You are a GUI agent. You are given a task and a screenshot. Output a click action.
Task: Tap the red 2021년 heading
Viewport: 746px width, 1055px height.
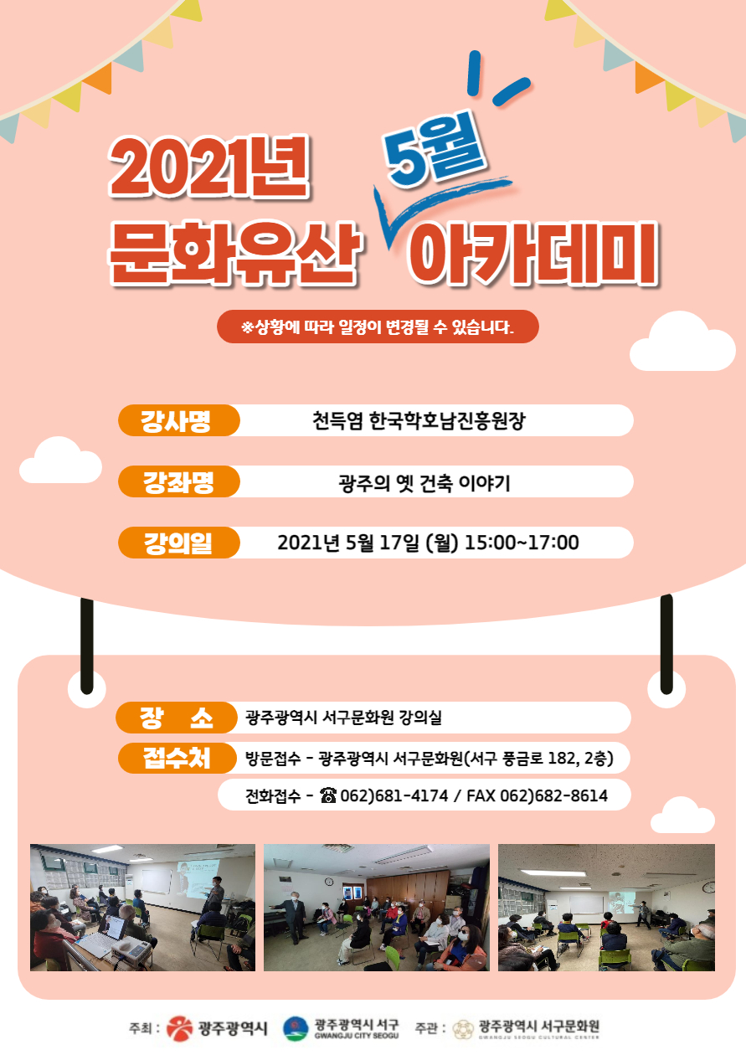point(208,167)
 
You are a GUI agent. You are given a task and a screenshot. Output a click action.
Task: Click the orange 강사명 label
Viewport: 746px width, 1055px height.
point(178,420)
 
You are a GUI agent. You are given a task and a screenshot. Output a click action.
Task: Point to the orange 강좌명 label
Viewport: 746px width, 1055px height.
point(178,481)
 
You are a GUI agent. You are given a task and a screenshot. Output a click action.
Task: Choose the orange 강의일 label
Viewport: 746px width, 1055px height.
point(178,543)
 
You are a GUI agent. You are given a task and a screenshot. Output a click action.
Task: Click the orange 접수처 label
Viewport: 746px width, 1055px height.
point(177,758)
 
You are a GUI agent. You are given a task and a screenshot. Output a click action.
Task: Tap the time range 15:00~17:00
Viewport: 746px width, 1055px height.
point(522,543)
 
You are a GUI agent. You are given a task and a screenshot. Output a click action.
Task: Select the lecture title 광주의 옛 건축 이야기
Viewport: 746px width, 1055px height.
point(424,483)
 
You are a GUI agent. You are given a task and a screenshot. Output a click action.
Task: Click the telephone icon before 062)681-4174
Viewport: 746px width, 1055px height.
point(328,795)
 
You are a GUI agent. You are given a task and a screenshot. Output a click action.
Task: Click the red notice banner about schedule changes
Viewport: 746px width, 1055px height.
point(378,327)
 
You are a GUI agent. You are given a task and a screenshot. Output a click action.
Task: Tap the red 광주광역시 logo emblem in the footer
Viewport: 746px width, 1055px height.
point(180,1028)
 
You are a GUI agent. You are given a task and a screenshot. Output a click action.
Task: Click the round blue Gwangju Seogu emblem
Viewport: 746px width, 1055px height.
point(296,1028)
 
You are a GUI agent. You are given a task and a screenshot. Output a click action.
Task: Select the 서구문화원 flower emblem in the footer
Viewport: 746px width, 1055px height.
point(463,1029)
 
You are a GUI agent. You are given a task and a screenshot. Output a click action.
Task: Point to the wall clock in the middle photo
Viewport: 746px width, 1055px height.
point(329,883)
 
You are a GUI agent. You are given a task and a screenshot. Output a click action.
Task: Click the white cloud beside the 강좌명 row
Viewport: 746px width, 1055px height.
point(61,461)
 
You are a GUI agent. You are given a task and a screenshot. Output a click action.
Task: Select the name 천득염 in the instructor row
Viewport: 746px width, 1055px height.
point(337,420)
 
